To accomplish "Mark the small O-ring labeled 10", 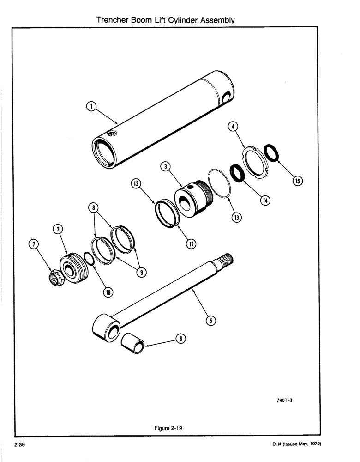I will tap(90, 258).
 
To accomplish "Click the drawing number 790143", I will tap(284, 401).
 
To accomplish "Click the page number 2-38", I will tap(20, 444).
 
